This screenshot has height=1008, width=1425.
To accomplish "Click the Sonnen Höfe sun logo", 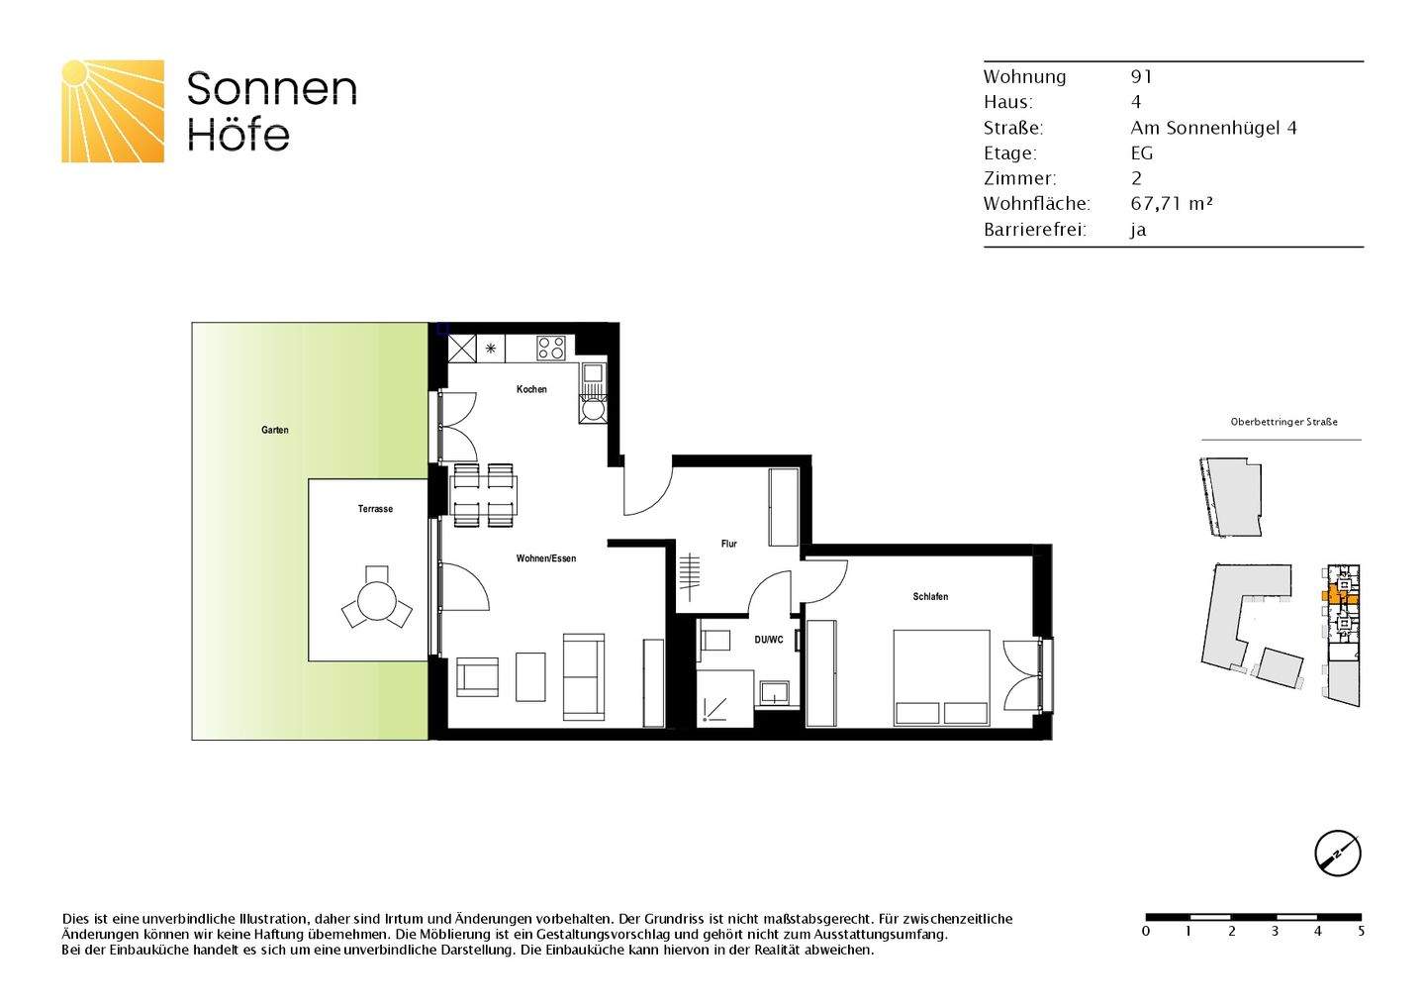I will tap(113, 111).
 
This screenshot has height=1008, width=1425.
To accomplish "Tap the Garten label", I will tap(275, 430).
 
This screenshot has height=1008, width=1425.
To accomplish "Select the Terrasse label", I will tap(375, 509).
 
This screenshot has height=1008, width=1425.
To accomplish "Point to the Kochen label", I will tap(531, 389).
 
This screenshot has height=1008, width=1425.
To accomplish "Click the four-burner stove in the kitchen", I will tap(551, 348).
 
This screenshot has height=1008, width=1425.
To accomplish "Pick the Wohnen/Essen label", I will tap(545, 558).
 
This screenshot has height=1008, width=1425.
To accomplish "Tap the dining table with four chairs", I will tap(484, 495).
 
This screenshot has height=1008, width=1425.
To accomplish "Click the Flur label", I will tap(728, 544).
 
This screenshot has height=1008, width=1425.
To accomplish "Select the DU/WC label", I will tap(768, 640).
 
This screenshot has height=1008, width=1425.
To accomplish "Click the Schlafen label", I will tap(930, 596).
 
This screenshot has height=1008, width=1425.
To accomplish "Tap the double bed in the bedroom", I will tap(941, 678).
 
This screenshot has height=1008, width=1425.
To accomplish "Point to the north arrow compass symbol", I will tap(1337, 853).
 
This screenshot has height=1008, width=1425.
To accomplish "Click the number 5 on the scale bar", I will tap(1361, 932).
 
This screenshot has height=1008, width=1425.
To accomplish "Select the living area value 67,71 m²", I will tap(1172, 204).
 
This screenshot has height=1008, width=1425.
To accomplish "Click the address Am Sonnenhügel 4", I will tap(1213, 128).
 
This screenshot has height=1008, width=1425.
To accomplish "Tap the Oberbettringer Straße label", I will tap(1283, 422).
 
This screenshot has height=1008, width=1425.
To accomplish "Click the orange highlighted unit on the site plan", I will tap(1333, 595).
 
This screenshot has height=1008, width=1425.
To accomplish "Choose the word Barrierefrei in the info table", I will tap(1034, 230).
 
